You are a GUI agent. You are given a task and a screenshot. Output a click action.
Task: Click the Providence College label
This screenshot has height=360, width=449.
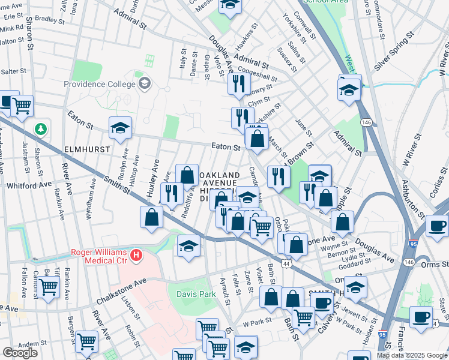(x=100, y=84)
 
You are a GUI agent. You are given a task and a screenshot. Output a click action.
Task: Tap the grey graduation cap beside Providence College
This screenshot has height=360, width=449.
(x=143, y=83)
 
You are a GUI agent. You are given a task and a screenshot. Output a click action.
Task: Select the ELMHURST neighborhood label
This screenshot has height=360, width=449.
(x=71, y=145)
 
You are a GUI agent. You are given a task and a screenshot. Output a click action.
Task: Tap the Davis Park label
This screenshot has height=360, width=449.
(x=196, y=293)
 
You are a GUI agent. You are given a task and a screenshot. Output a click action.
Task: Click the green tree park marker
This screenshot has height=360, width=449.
(x=40, y=128)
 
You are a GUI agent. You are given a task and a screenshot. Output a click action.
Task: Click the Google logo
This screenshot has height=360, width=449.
(x=20, y=353)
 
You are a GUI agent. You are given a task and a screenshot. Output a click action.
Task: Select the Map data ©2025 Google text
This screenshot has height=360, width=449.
(x=411, y=355)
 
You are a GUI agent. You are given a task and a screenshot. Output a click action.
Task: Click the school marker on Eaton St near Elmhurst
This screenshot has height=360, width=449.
(x=120, y=128)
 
